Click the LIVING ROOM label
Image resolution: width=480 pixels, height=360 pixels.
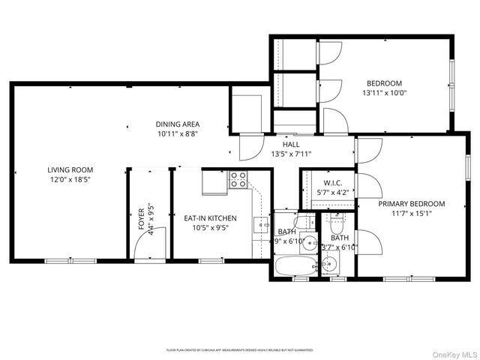[69, 169]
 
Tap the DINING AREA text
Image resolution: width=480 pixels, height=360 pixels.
[178, 124]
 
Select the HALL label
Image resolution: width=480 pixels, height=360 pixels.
[291, 145]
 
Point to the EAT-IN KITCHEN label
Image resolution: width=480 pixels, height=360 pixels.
[211, 218]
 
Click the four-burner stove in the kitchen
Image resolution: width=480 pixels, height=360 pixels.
[238, 180]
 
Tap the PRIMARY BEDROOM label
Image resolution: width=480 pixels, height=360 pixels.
[411, 203]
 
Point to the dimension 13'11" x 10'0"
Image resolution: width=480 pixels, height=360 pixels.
[384, 93]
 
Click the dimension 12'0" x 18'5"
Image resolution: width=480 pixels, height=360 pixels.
[69, 180]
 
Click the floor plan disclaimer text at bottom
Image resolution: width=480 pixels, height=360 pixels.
[239, 349]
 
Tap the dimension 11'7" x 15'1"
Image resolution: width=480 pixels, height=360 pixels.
[411, 214]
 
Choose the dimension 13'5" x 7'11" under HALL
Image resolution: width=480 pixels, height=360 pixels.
[291, 154]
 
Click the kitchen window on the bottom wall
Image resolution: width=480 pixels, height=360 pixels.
[211, 260]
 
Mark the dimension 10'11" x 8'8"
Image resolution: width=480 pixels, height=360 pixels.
[178, 134]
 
